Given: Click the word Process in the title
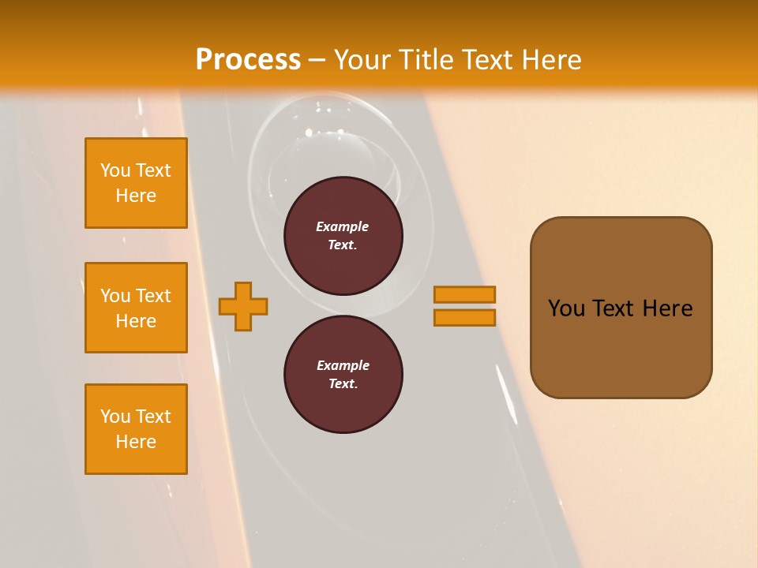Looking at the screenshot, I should [x=248, y=60].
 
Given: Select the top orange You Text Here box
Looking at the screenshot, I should [x=136, y=183].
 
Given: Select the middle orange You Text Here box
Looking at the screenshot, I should [x=136, y=308].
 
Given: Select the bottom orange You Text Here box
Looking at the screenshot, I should [x=136, y=429].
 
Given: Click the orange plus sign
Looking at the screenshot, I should [x=243, y=306].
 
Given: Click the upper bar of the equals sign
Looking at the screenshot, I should [x=464, y=294].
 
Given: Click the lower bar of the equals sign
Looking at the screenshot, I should [x=464, y=318].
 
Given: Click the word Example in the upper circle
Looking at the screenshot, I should [x=343, y=226].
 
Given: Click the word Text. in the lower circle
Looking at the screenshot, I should [x=343, y=383].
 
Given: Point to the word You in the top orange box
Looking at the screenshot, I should [x=115, y=170].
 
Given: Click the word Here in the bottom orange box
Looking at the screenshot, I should [x=136, y=442].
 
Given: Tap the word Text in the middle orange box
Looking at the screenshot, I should [x=152, y=296].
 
